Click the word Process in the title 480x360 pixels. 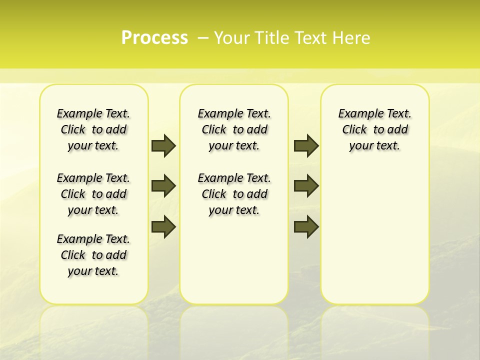(154, 38)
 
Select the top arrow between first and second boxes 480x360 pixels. (163, 145)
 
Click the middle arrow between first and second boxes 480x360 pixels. (163, 186)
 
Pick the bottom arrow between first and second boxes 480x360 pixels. (163, 226)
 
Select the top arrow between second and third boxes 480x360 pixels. (306, 145)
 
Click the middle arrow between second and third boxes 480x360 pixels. (306, 186)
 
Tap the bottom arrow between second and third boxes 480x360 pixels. (306, 226)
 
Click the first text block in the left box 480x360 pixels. (93, 129)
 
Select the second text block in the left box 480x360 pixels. (93, 194)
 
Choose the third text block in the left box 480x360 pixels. (93, 255)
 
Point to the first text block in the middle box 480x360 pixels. (234, 129)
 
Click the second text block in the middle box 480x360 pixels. (234, 194)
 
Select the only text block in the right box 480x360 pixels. (375, 129)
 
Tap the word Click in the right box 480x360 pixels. (354, 130)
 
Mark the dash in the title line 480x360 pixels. (203, 38)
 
